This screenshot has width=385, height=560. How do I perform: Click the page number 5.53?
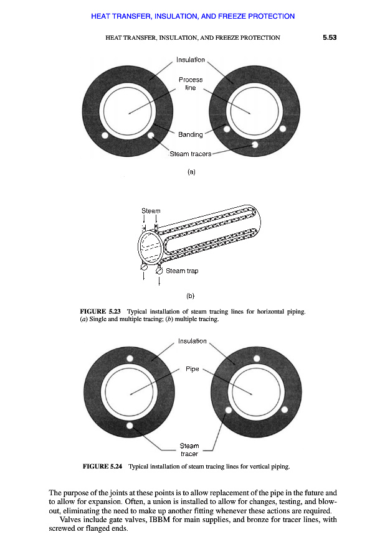(330, 37)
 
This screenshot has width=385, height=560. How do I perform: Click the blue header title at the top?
(192, 16)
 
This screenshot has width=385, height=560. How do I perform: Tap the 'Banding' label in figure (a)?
(190, 134)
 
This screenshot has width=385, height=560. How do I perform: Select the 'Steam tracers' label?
(190, 154)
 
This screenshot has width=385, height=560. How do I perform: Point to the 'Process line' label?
(191, 83)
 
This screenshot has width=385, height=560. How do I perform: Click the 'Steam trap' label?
(182, 271)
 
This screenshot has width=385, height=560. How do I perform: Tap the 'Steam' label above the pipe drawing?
(151, 211)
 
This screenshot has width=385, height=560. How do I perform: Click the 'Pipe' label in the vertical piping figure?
(192, 369)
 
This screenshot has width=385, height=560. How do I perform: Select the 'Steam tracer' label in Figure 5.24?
(189, 450)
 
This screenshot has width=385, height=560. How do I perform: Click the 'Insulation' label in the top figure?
(191, 60)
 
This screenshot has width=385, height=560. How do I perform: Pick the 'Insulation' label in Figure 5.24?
(192, 341)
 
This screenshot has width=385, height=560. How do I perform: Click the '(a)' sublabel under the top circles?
(191, 172)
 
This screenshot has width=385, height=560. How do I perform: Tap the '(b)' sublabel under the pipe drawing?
(190, 296)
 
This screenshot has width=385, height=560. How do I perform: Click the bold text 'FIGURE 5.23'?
(100, 312)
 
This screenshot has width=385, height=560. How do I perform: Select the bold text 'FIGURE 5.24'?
(102, 466)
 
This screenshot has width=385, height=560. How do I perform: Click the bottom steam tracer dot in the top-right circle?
(255, 144)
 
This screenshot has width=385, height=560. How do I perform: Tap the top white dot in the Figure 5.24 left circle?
(130, 358)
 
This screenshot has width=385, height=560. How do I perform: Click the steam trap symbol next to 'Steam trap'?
(159, 271)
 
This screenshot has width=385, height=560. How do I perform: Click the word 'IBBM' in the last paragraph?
(159, 520)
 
